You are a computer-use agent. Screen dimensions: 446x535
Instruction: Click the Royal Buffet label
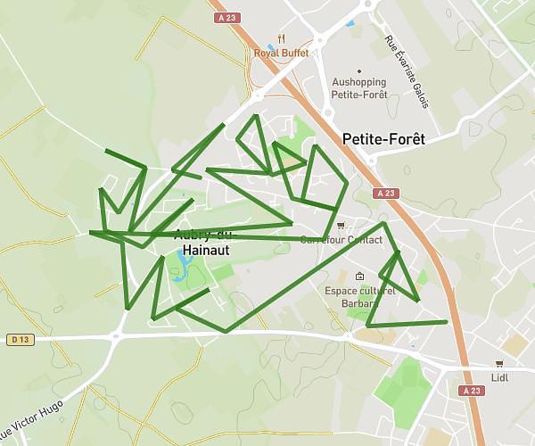[x=281, y=53]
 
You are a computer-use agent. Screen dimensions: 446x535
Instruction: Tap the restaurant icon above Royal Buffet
[x=282, y=38]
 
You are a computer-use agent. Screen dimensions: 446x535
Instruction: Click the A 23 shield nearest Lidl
[x=473, y=391]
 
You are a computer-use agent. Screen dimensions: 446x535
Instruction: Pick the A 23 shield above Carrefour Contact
[x=385, y=193]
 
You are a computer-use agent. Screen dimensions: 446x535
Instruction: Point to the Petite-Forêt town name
[x=383, y=139]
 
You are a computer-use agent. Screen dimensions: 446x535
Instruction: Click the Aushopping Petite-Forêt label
[x=359, y=87]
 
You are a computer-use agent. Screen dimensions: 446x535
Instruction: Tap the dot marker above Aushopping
[x=359, y=71]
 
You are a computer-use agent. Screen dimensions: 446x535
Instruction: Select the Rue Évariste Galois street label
[x=406, y=71]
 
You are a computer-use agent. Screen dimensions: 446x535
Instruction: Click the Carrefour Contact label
[x=341, y=240]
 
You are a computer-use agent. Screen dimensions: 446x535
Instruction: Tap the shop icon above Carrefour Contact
[x=342, y=226]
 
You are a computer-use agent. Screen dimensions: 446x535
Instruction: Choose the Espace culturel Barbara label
[x=358, y=296]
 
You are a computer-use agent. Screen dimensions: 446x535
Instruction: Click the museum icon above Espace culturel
[x=358, y=276]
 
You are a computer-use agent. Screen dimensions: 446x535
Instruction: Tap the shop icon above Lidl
[x=500, y=363]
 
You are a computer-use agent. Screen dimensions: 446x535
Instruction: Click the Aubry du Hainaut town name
[x=202, y=243]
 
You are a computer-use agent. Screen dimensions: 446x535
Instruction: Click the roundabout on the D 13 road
[x=117, y=336]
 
